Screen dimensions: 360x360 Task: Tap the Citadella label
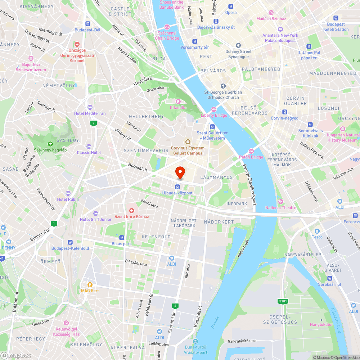pyautogui.click(x=178, y=107)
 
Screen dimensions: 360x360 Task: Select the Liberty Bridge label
pyautogui.click(x=214, y=115)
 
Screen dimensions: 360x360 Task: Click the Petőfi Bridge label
pyautogui.click(x=251, y=157)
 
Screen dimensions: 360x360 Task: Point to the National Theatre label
pyautogui.click(x=281, y=208)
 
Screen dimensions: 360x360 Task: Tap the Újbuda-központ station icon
pyautogui.click(x=177, y=186)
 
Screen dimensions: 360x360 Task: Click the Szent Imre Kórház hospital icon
pyautogui.click(x=132, y=210)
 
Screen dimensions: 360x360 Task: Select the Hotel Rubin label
pyautogui.click(x=68, y=199)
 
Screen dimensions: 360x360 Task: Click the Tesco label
pyautogui.click(x=317, y=237)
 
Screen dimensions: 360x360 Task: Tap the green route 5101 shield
pyautogui.click(x=283, y=301)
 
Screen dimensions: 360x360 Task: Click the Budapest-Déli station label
pyautogui.click(x=88, y=30)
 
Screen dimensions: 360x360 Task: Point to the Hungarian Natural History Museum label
pyautogui.click(x=343, y=138)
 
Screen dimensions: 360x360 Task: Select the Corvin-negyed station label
pyautogui.click(x=284, y=118)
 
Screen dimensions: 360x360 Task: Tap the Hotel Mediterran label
pyautogui.click(x=90, y=113)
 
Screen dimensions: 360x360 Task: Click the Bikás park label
pyautogui.click(x=122, y=244)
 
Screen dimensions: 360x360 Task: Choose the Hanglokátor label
pyautogui.click(x=321, y=324)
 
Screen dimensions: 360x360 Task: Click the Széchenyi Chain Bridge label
pyautogui.click(x=167, y=36)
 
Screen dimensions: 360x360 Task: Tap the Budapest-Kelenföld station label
pyautogui.click(x=70, y=248)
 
